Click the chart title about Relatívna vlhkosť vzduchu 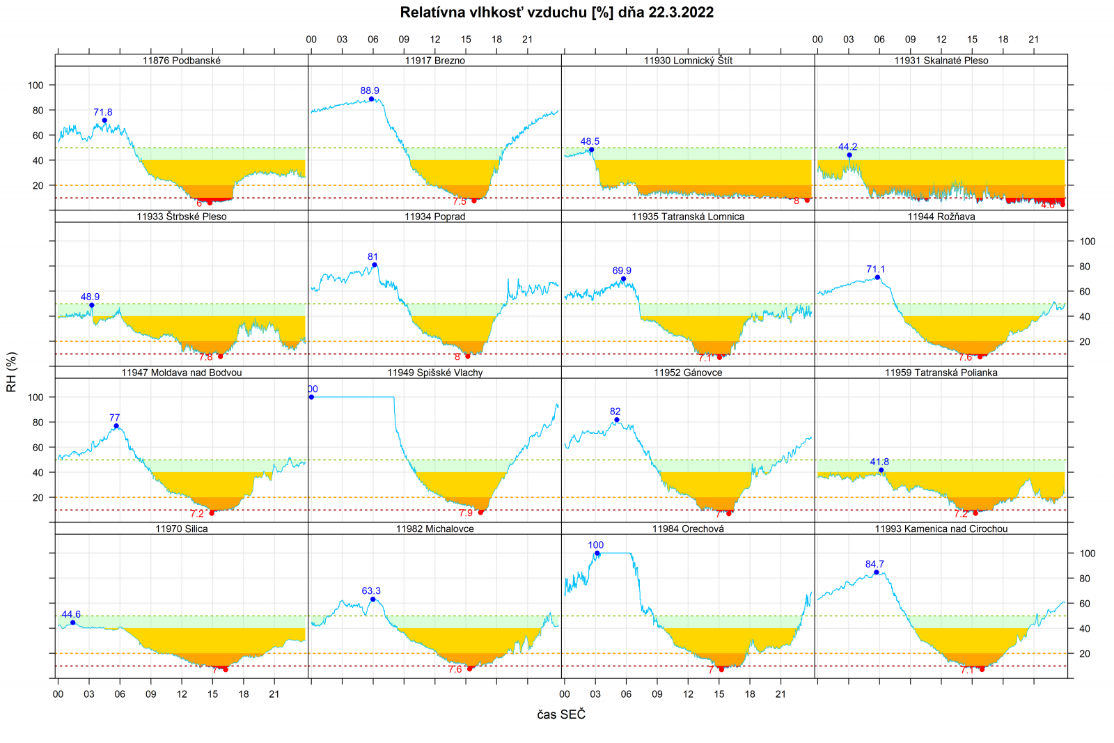[x=556, y=13]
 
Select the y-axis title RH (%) [x=11, y=372]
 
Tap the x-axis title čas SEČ [x=561, y=714]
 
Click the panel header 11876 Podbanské [x=182, y=61]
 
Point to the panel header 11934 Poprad [x=434, y=217]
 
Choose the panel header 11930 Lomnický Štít [x=688, y=61]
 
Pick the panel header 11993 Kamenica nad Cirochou [x=941, y=529]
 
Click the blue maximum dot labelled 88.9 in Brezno [x=371, y=99]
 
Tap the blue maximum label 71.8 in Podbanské [x=103, y=112]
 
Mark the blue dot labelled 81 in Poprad [x=375, y=265]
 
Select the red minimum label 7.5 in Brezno [x=460, y=202]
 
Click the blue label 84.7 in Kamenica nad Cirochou [x=874, y=564]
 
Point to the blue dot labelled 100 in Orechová [x=597, y=553]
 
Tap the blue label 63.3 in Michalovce [x=371, y=591]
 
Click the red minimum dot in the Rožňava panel [x=980, y=357]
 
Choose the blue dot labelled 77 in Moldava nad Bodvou [x=116, y=426]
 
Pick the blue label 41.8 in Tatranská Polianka [x=879, y=462]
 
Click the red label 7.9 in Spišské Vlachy [x=466, y=513]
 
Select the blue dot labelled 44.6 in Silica [x=73, y=623]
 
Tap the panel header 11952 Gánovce [x=688, y=373]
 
